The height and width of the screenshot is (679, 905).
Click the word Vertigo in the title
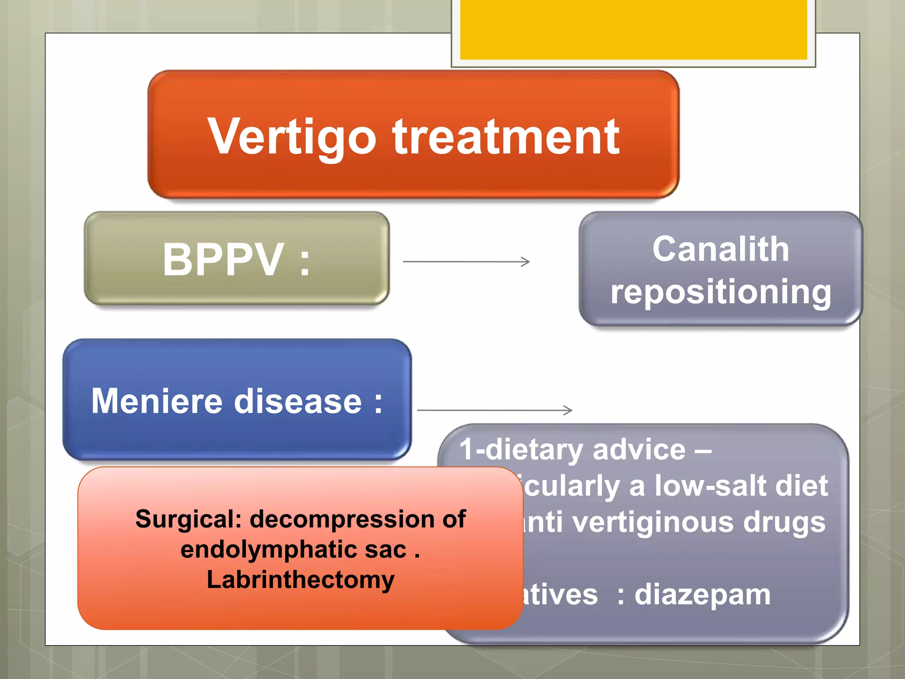point(292,137)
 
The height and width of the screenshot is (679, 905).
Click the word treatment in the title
point(506,137)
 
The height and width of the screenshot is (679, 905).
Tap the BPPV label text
point(223,260)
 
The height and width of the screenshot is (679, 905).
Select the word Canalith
point(721,249)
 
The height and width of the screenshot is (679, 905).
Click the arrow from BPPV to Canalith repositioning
point(466,262)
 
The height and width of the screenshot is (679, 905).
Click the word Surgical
point(188,519)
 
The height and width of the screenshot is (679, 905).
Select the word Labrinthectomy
point(300,580)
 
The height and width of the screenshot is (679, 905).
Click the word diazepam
point(703,595)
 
